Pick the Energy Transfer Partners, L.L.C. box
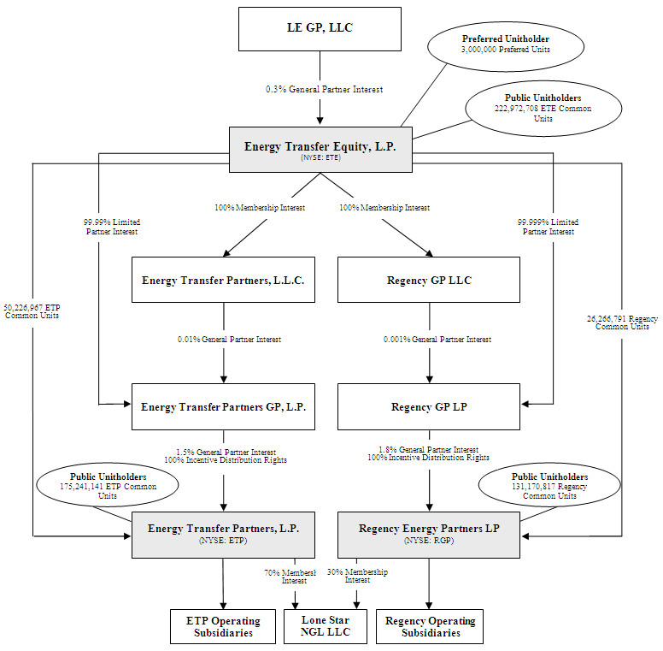[x=223, y=280]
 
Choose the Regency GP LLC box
[x=429, y=280]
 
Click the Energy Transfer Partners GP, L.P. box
[x=223, y=407]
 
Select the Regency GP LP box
[x=429, y=407]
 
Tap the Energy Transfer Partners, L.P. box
[x=223, y=534]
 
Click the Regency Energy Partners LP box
[x=429, y=534]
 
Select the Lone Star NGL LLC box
[x=326, y=626]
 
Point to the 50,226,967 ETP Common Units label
[x=32, y=311]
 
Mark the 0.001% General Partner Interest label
[x=437, y=340]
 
